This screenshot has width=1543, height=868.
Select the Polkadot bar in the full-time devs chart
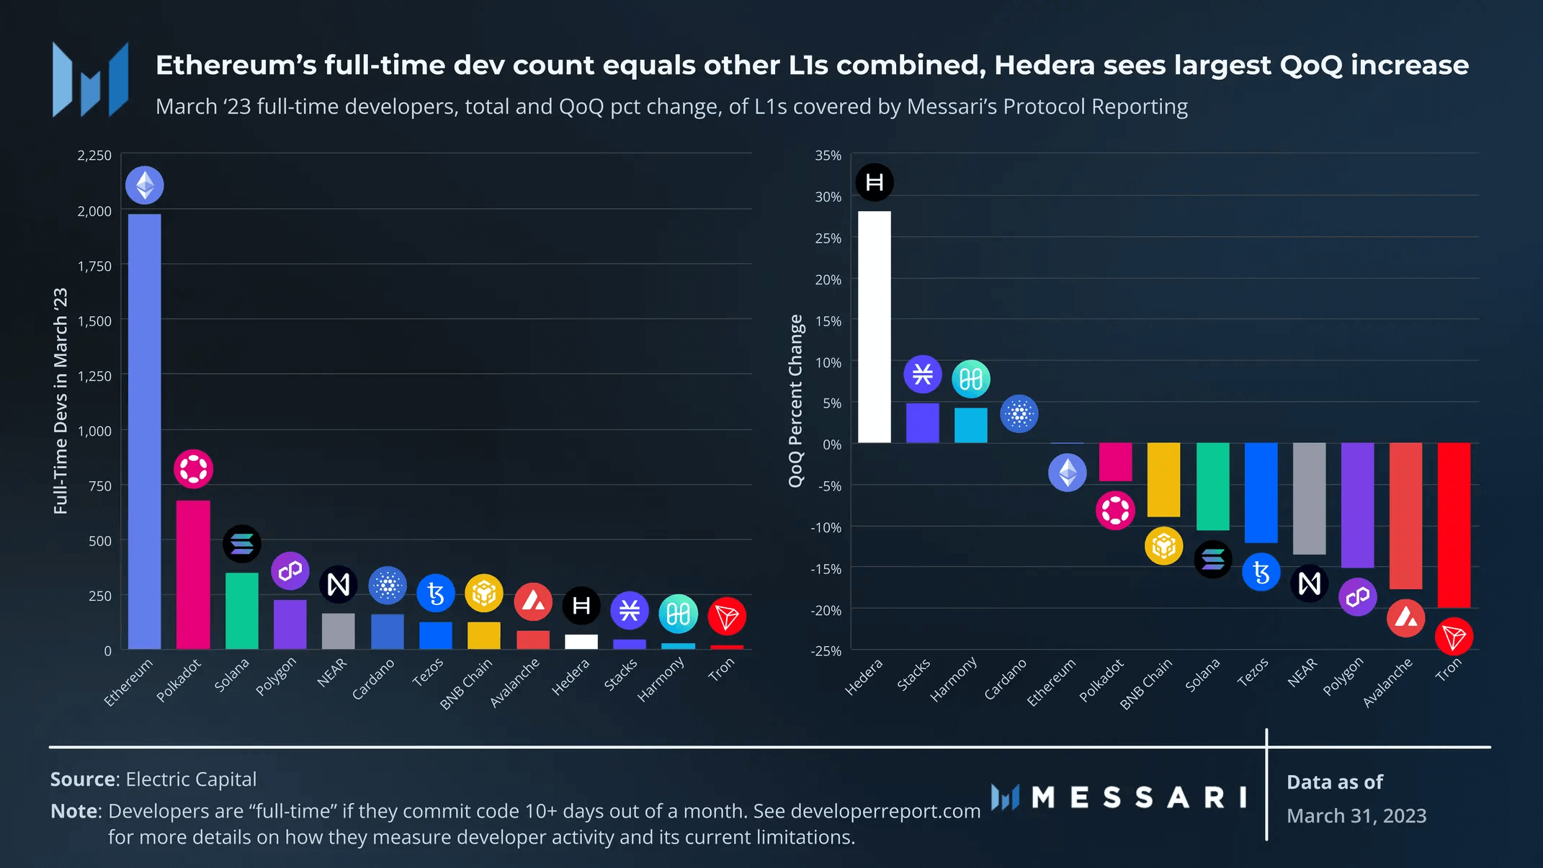coord(193,574)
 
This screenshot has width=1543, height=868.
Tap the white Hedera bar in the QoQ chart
coord(875,327)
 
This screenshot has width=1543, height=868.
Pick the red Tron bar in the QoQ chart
coord(1454,525)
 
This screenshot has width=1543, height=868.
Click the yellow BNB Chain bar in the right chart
coord(1163,480)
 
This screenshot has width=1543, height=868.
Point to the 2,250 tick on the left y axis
coord(94,156)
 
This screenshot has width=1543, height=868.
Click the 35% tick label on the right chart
coord(828,156)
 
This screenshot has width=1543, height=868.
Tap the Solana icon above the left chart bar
coord(242,544)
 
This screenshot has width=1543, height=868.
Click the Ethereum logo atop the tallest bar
coord(145,185)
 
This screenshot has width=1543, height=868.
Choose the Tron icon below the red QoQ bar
coord(1454,637)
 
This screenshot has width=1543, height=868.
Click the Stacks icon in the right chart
coord(923,375)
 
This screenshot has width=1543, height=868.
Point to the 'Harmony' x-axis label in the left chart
coord(661,679)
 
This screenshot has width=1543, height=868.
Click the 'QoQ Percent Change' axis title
coord(796,401)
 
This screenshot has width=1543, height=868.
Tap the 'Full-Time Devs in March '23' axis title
coord(61,401)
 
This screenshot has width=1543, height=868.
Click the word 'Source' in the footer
coord(83,779)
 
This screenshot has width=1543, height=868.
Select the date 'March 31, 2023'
coord(1356,815)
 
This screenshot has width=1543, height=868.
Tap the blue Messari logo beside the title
coord(91,80)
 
